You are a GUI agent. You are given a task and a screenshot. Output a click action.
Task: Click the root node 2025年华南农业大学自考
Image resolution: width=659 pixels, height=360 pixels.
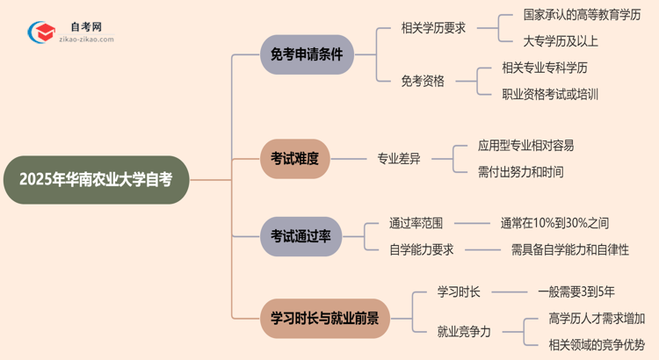pyautogui.click(x=95, y=179)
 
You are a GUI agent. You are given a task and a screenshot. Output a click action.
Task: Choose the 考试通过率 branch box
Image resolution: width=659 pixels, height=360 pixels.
pyautogui.click(x=300, y=235)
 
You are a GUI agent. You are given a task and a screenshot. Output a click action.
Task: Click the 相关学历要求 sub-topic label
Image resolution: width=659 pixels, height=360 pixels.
pyautogui.click(x=433, y=28)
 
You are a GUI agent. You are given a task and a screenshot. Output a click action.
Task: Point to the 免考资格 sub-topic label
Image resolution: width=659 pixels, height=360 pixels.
pyautogui.click(x=423, y=81)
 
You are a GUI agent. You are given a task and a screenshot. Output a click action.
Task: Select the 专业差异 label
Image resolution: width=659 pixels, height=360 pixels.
pyautogui.click(x=399, y=159)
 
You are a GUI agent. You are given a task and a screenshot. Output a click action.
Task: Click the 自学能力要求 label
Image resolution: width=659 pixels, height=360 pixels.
pyautogui.click(x=422, y=249)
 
